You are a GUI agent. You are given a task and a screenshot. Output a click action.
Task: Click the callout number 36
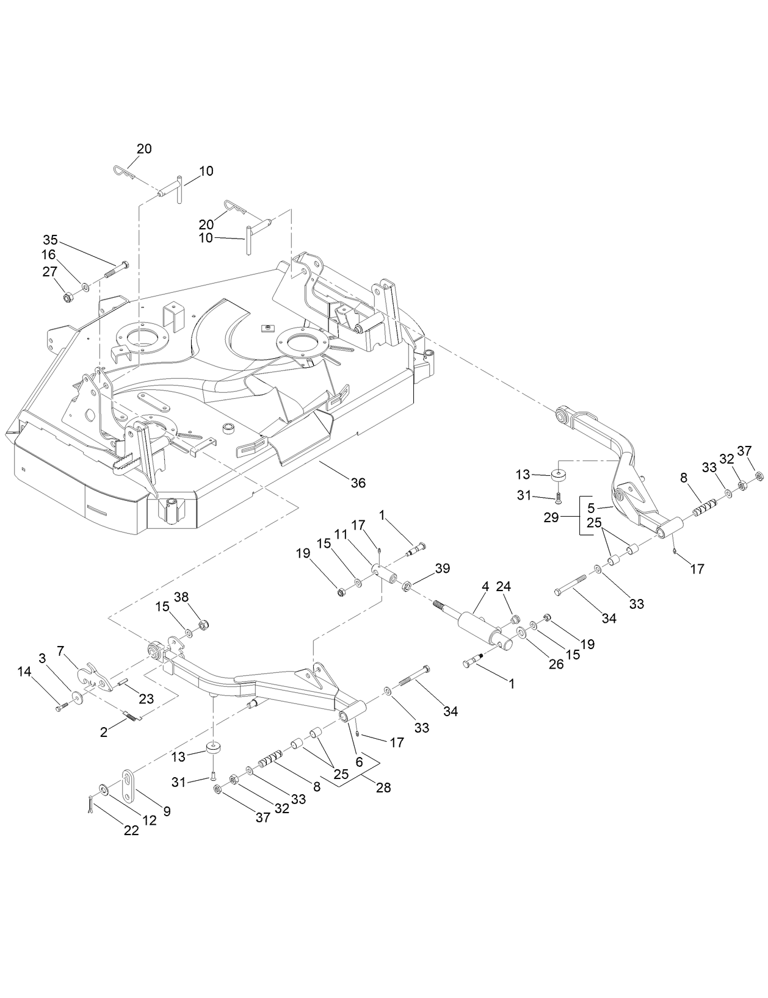(358, 483)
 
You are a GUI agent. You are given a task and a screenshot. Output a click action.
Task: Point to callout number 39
(442, 568)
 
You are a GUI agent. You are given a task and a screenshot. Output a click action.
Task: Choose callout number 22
(131, 830)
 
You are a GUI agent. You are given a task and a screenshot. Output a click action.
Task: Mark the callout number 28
(383, 788)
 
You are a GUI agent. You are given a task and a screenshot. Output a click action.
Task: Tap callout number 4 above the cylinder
(485, 586)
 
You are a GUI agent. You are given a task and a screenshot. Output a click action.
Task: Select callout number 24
(503, 586)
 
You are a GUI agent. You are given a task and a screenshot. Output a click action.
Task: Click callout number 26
(556, 664)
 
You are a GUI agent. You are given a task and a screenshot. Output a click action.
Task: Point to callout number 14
(24, 672)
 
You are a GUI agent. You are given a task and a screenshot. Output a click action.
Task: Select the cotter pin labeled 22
(91, 806)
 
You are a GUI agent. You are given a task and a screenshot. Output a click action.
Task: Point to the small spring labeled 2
(131, 716)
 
